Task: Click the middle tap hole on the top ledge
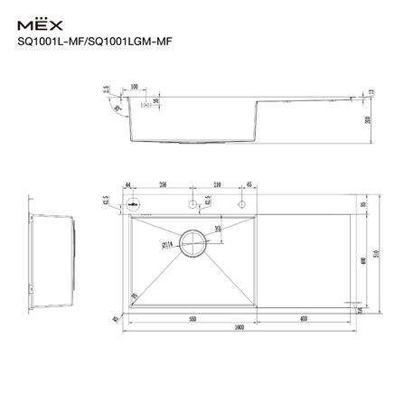click(x=192, y=206)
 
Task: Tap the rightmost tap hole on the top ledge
click(x=240, y=206)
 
